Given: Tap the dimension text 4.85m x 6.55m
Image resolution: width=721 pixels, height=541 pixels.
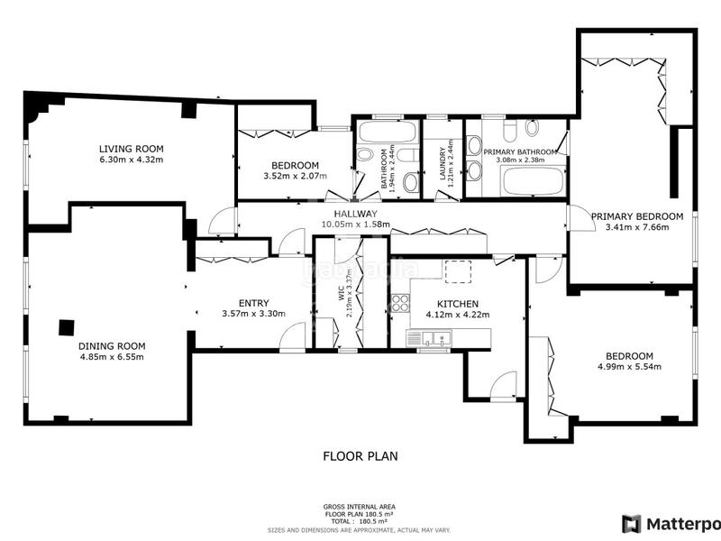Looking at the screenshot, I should pos(112,356).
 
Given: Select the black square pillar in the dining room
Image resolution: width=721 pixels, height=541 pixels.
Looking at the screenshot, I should pos(67,328).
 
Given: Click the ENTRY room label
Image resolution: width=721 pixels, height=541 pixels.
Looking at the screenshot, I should pos(253,303).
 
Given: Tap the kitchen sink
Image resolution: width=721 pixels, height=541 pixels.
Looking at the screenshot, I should pos(431,338).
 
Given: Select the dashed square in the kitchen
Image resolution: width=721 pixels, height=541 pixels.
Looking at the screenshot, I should pos(457,271).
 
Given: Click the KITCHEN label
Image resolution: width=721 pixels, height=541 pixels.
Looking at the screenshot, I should pos(457,304).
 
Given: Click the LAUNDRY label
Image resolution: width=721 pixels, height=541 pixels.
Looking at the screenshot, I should pos(443,165).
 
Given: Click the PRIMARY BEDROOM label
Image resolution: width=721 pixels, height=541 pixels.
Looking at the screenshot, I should pos(637,216).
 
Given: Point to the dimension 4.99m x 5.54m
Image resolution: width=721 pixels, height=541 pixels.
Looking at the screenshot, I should pos(629,367).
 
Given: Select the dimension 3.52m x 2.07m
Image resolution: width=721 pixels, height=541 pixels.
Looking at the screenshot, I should pos(295,176).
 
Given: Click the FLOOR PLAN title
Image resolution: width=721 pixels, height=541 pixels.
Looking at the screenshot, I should pos(360,456).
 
